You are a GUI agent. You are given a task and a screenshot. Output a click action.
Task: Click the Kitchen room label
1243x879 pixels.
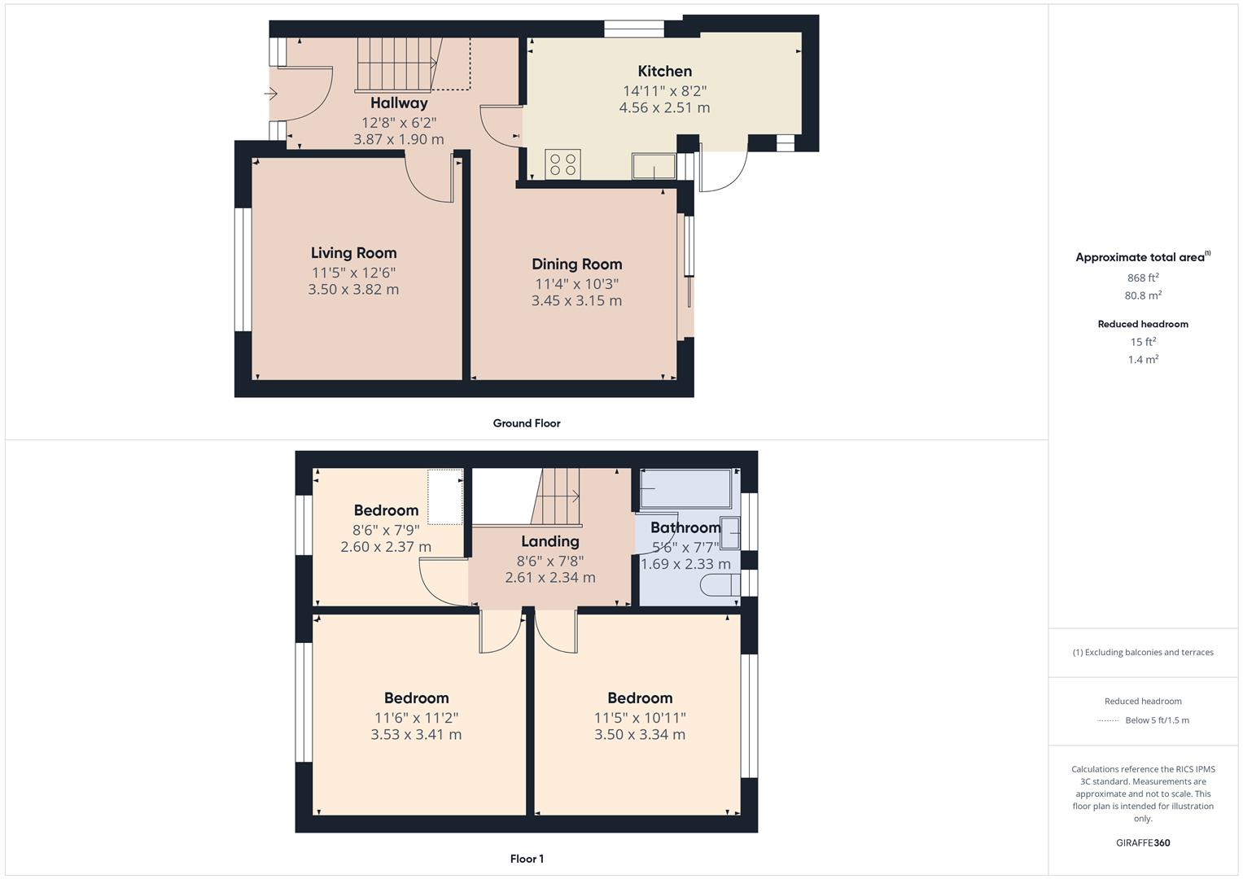pos(664,72)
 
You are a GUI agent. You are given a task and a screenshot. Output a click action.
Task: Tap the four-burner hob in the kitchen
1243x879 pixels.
pos(562,164)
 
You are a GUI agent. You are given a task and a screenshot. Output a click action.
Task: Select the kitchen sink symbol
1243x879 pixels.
pos(654,166)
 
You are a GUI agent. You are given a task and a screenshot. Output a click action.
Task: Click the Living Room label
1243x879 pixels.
pos(353,253)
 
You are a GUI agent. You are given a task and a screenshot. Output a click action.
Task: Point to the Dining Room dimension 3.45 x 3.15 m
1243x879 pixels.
pos(576,301)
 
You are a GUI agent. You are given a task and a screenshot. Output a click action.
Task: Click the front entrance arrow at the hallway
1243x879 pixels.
pos(272,94)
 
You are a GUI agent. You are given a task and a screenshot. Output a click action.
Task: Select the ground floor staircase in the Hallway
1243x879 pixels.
pos(396,63)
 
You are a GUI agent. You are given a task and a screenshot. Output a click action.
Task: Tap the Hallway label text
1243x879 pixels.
pos(399,103)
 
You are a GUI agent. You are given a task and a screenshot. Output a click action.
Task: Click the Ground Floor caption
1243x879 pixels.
pos(527,423)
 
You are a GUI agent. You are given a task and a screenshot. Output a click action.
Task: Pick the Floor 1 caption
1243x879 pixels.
pos(527,859)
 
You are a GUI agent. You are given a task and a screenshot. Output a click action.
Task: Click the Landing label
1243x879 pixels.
pos(550,541)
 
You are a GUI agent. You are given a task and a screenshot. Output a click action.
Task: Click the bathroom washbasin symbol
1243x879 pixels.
pos(730,534)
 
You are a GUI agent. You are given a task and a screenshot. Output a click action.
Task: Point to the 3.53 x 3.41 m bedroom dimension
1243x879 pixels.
pos(416,735)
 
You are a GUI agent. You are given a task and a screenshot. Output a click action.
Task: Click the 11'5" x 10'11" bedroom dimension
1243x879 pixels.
pos(640,718)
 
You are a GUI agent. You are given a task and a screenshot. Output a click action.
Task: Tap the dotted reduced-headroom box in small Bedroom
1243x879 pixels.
pos(445,497)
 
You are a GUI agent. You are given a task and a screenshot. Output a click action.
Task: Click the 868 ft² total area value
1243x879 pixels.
pos(1143,278)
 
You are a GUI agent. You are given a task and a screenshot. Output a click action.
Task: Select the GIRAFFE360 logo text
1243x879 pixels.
pos(1143,842)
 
